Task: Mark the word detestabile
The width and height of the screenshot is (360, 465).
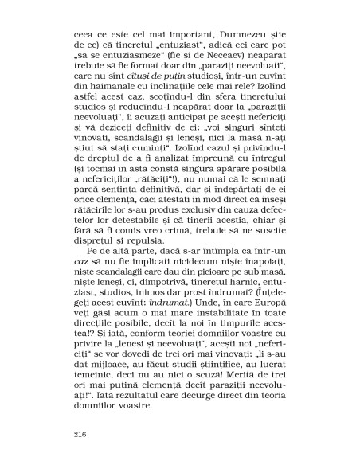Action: point(158,231)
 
